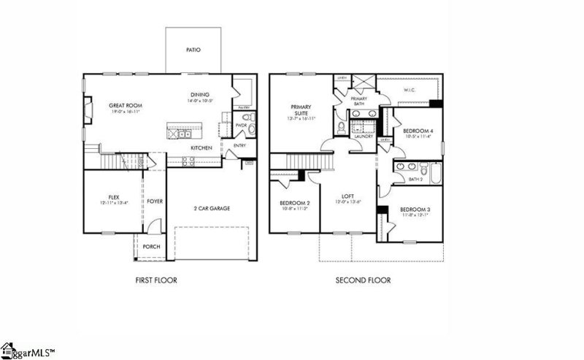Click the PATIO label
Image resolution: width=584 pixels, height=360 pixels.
[x=192, y=50]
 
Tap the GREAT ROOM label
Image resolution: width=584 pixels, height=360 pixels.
[x=125, y=105]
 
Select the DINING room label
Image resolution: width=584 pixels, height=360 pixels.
[x=200, y=94]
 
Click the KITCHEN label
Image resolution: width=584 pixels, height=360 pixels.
[x=201, y=148]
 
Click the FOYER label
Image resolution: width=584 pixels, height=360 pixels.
[x=154, y=201]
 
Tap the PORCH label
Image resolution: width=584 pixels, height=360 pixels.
[x=151, y=247]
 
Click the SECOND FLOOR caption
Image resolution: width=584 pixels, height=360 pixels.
[x=363, y=280]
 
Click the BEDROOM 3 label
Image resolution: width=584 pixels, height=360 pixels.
[x=414, y=210]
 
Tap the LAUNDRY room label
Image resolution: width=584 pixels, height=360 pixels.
[x=363, y=136]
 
